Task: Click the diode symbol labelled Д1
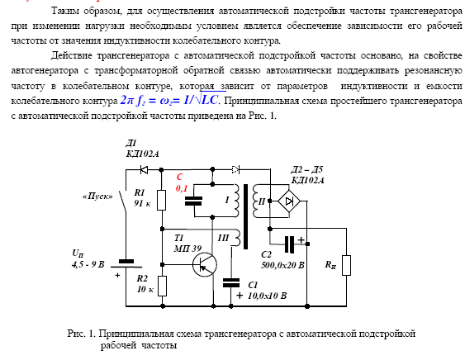click(145, 170)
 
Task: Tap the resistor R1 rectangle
click(161, 200)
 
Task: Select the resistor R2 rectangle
click(162, 286)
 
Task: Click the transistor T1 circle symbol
click(205, 264)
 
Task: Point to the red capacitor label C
click(180, 177)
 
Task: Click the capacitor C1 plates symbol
click(231, 282)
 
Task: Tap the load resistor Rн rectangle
click(346, 265)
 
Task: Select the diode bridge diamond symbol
click(289, 201)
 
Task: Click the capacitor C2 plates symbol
click(289, 244)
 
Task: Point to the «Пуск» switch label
click(97, 197)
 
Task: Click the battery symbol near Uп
click(126, 264)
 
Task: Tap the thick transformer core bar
click(245, 217)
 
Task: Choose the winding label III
click(223, 238)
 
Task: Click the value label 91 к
click(142, 203)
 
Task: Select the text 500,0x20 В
click(282, 265)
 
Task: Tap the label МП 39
click(187, 249)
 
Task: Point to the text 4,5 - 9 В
click(88, 264)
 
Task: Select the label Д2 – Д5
click(306, 169)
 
